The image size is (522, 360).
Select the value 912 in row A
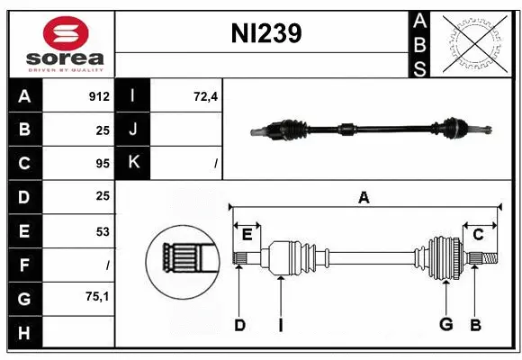click(98, 96)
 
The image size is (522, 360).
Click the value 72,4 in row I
click(206, 96)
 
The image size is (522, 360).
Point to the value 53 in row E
click(103, 231)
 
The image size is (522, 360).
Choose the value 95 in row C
click(103, 164)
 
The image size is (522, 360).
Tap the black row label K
click(133, 163)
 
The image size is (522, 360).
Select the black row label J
click(133, 130)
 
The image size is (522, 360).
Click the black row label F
click(23, 265)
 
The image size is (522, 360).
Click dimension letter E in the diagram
click(247, 235)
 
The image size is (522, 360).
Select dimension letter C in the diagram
click(478, 235)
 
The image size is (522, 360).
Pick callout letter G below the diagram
click(445, 325)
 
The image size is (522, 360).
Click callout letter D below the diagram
click(239, 325)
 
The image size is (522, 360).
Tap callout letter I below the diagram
click(281, 325)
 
